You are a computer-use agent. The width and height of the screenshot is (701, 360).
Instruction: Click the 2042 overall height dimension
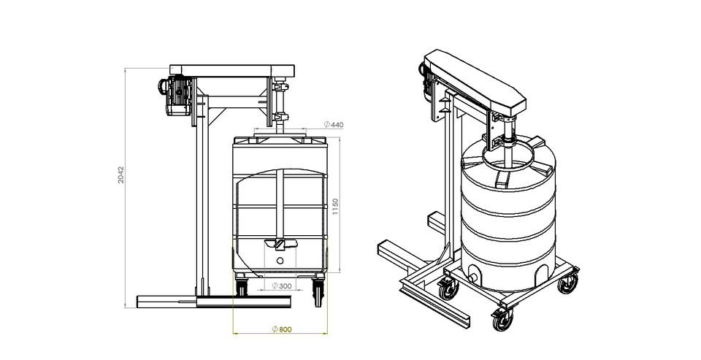(122, 175)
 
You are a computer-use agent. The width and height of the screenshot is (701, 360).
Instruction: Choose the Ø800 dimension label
(281, 329)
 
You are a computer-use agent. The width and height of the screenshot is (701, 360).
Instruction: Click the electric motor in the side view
(176, 93)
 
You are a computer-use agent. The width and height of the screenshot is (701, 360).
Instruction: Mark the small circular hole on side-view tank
(280, 259)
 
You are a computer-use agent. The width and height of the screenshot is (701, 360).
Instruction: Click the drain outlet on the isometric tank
(472, 276)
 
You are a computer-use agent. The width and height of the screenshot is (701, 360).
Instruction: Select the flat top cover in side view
(232, 71)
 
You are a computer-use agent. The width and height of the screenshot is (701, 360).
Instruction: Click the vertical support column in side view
(200, 204)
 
